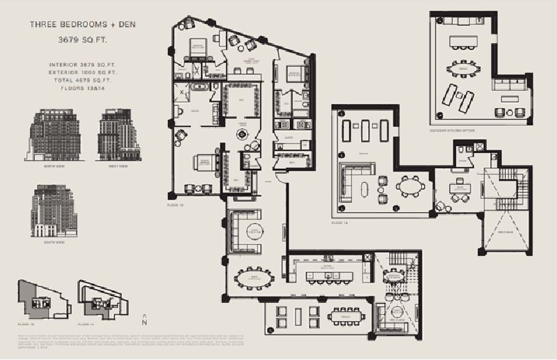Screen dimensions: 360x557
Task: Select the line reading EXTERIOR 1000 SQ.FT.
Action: pos(82,72)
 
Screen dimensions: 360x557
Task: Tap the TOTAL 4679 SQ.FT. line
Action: pos(82,80)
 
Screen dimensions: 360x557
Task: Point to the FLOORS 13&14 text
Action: pos(82,89)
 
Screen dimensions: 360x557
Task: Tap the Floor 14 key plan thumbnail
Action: pos(103,299)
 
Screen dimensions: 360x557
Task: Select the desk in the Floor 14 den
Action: pos(460,188)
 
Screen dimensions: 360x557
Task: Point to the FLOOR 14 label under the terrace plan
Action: pos(339,223)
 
